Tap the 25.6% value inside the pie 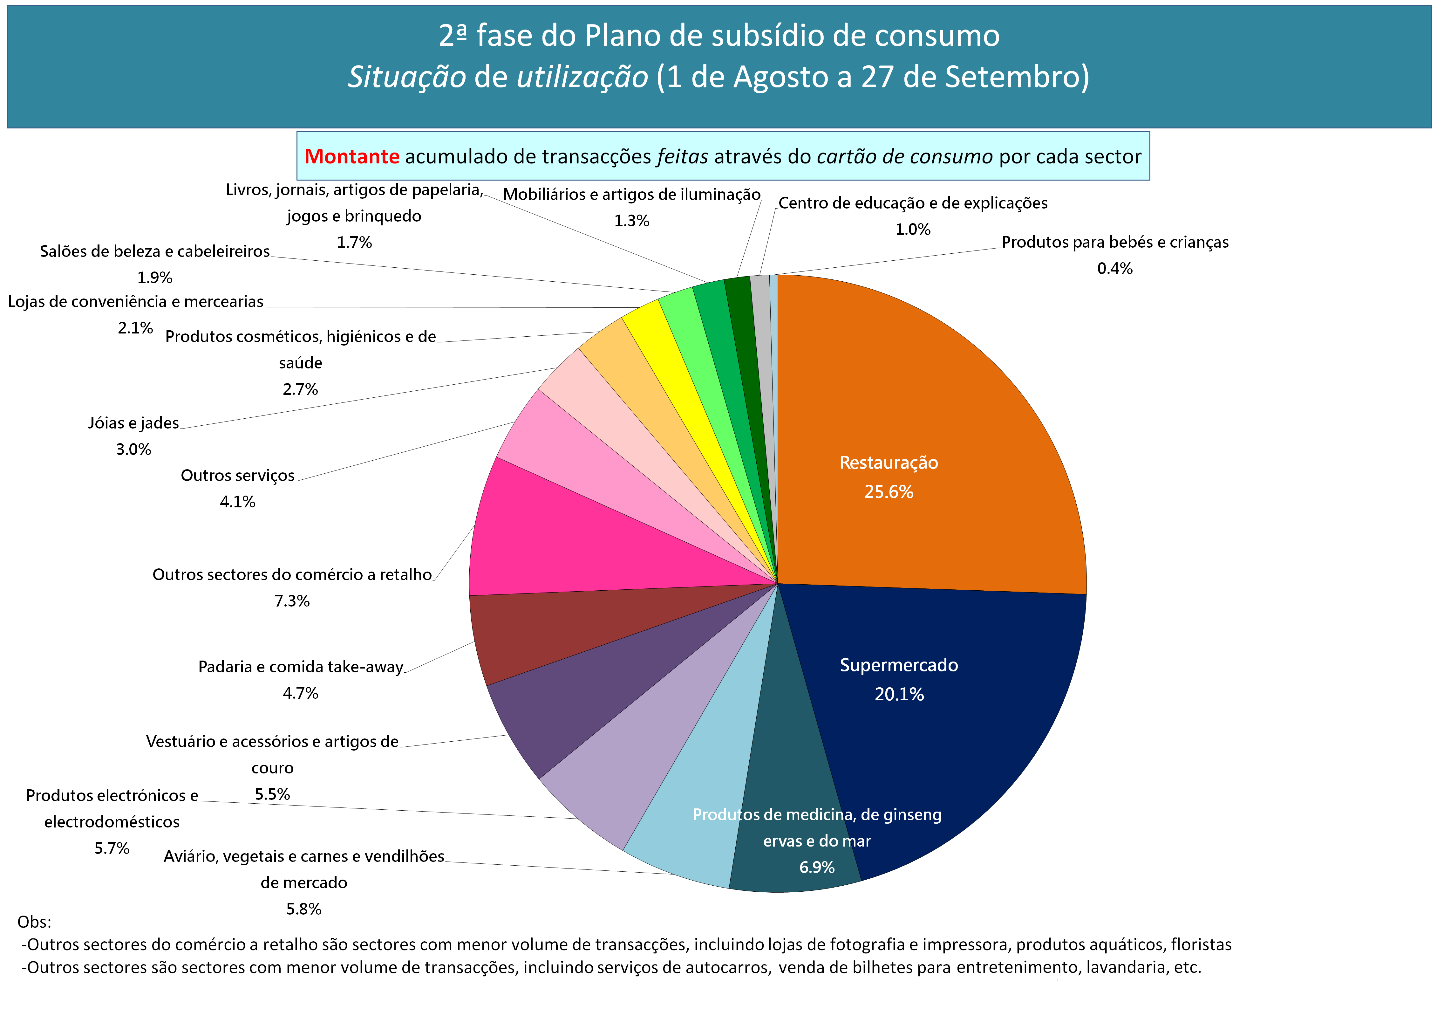[x=889, y=492]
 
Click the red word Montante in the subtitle [x=352, y=156]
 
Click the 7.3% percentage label [x=292, y=601]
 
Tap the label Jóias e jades [x=133, y=423]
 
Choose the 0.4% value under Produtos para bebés [x=1115, y=269]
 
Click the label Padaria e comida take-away [x=300, y=667]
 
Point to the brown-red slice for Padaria [x=551, y=626]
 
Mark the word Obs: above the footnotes [x=34, y=922]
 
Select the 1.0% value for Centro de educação [x=913, y=230]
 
